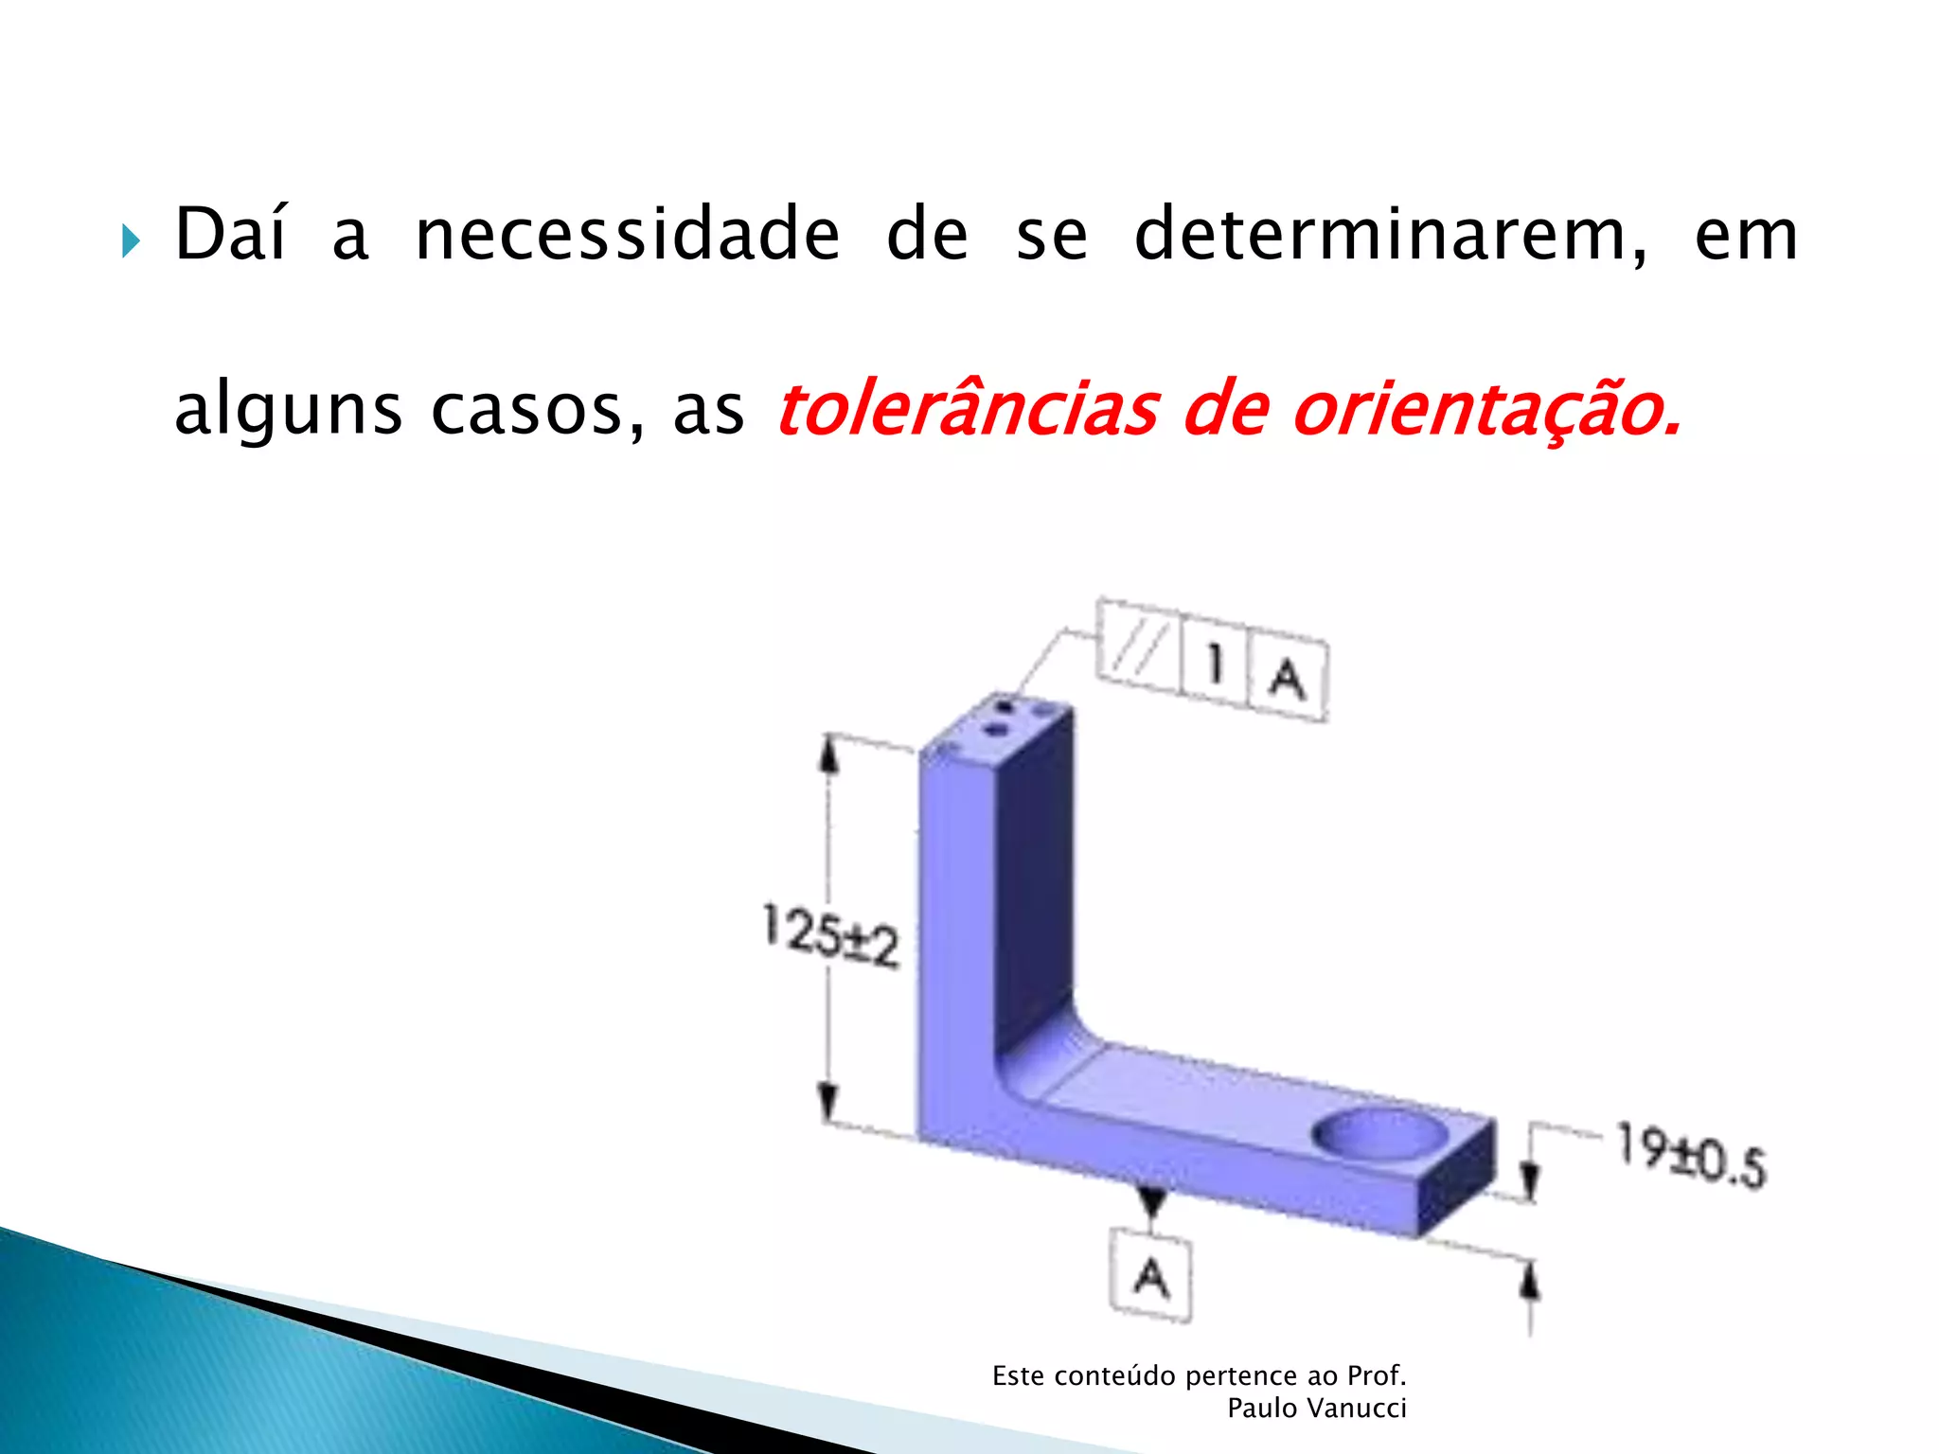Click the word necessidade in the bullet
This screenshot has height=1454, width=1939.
click(x=627, y=234)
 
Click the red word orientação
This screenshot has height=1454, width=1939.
click(x=1486, y=410)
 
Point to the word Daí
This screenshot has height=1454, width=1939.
click(x=230, y=234)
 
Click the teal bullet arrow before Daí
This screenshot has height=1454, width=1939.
click(x=131, y=242)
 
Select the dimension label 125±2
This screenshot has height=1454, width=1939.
click(x=830, y=935)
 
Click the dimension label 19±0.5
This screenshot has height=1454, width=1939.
click(x=1690, y=1155)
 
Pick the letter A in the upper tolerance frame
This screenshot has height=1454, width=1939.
click(x=1288, y=678)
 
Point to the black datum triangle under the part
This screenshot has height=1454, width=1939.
click(x=1151, y=1200)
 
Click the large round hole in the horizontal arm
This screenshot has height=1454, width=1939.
click(x=1379, y=1134)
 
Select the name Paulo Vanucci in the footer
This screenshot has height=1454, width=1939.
click(x=1316, y=1409)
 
